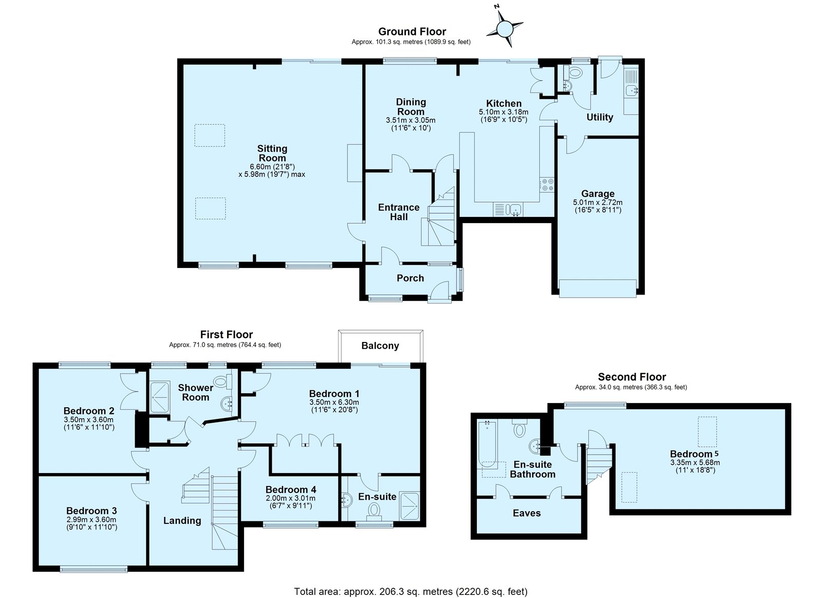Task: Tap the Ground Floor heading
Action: [x=412, y=31]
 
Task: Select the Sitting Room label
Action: [x=272, y=153]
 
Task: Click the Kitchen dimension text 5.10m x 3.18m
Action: [x=503, y=112]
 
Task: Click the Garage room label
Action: [x=598, y=193]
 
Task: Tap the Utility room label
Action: [x=600, y=117]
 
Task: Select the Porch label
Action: [x=410, y=278]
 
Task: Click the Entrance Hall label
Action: [x=399, y=212]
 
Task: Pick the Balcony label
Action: [x=380, y=346]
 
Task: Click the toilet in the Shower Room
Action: [x=223, y=382]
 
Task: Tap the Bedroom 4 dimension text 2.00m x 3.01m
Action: [x=291, y=498]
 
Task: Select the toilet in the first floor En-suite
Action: [x=374, y=511]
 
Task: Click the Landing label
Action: [x=182, y=520]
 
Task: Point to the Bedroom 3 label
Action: [x=92, y=511]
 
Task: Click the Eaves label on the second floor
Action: [x=527, y=513]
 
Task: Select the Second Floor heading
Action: [x=632, y=377]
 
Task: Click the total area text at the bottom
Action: [x=410, y=581]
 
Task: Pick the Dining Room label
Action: [x=410, y=106]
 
